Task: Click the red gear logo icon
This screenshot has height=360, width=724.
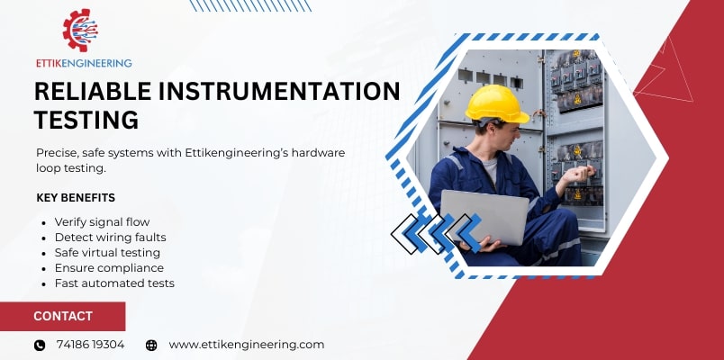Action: coord(80,31)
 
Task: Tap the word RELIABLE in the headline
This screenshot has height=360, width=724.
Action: coord(87,91)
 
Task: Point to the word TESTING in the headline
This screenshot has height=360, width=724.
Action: coord(86,119)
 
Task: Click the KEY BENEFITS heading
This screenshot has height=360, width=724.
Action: coord(76,198)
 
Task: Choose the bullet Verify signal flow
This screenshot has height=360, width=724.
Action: coord(102,221)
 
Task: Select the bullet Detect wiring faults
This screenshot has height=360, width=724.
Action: coord(110,237)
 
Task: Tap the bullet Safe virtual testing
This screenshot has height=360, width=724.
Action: coord(109,252)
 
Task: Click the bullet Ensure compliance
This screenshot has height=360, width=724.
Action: coord(109,267)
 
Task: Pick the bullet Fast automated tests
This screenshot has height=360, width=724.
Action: coord(114,283)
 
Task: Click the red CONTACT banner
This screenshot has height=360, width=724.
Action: coord(62,316)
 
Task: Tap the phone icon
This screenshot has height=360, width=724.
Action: coord(40,345)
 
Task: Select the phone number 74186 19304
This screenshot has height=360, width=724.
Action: coord(90,345)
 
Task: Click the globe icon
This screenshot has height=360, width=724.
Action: coord(151,345)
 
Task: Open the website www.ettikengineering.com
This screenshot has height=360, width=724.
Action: coord(246,345)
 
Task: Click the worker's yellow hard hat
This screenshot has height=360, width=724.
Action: coord(497,103)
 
